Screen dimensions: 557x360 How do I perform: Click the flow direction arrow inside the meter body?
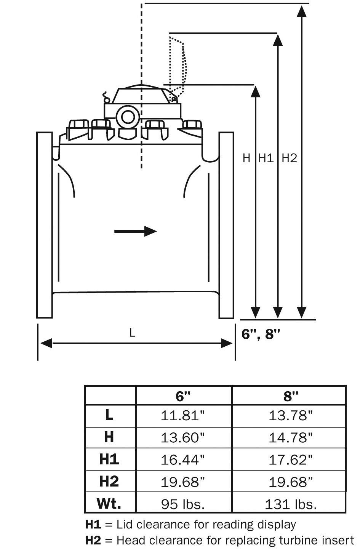[x=135, y=231]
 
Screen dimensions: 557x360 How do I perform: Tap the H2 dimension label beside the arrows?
[x=289, y=158]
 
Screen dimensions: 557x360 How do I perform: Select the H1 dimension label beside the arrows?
[x=266, y=158]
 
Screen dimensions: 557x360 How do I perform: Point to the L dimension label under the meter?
[x=132, y=333]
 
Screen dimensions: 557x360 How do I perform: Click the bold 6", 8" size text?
[x=261, y=334]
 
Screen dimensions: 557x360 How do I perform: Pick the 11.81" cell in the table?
[x=183, y=415]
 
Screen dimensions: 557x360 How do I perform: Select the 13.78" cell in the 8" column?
[x=291, y=415]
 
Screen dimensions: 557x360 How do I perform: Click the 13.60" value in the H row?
[x=183, y=437]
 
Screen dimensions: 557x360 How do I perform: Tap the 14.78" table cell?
[x=291, y=437]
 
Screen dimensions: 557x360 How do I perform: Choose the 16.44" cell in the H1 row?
[x=183, y=460]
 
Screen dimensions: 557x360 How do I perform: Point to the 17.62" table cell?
[x=291, y=460]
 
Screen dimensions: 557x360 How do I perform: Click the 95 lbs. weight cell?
[x=183, y=504]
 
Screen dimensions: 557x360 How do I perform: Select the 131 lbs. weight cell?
[x=291, y=504]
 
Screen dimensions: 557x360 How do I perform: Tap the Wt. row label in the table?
[x=109, y=504]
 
